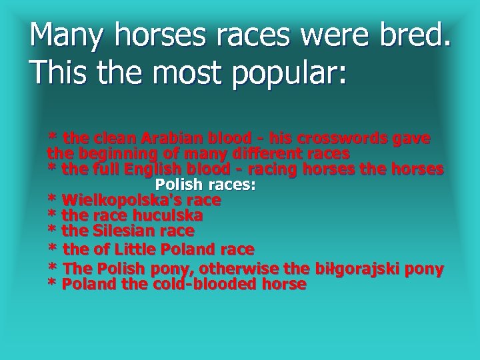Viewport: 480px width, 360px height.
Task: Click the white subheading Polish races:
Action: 205,184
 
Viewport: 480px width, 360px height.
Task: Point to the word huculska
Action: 167,215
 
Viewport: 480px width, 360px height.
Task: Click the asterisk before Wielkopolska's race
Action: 52,201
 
